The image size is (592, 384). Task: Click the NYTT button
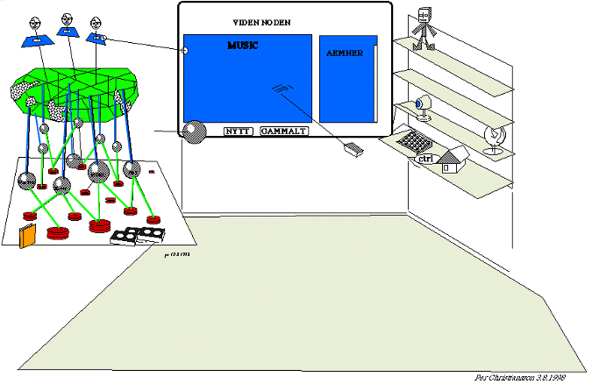(x=239, y=131)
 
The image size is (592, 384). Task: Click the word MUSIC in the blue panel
(x=242, y=45)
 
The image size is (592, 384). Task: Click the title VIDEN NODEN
(x=261, y=21)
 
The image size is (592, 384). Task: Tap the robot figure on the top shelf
(x=426, y=26)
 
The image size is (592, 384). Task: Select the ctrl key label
(x=427, y=159)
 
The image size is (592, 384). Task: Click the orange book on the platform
(x=28, y=236)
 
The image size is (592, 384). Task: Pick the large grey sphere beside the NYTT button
(x=193, y=131)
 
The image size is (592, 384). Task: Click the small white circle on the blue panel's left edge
(x=184, y=50)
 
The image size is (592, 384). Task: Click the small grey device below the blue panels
(x=353, y=150)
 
